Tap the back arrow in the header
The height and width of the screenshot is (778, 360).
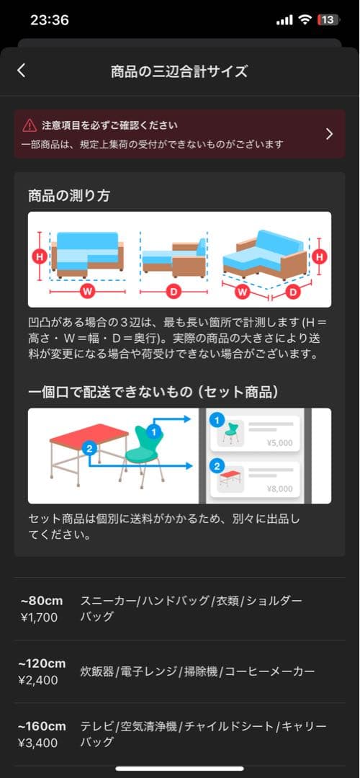(x=21, y=70)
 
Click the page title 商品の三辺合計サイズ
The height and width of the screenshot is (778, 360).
(x=179, y=71)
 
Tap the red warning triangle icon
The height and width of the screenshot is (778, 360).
(x=30, y=125)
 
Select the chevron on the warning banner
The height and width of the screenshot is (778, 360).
(x=329, y=134)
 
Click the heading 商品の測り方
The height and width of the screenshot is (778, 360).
(x=69, y=196)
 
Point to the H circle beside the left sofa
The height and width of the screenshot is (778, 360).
(x=40, y=255)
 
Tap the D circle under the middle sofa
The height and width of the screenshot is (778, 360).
(x=173, y=292)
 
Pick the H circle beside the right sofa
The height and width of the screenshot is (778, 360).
(x=320, y=255)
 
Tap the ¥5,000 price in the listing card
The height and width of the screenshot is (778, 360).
(x=279, y=443)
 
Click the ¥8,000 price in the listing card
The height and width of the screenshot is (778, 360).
(x=279, y=488)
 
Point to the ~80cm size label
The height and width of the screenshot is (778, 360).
(x=42, y=601)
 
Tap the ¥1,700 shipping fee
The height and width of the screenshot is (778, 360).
(x=39, y=617)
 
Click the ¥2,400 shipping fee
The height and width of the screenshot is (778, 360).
(x=40, y=680)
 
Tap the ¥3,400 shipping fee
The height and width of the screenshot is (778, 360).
(x=40, y=742)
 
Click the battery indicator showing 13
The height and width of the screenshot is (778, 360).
(x=328, y=20)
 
